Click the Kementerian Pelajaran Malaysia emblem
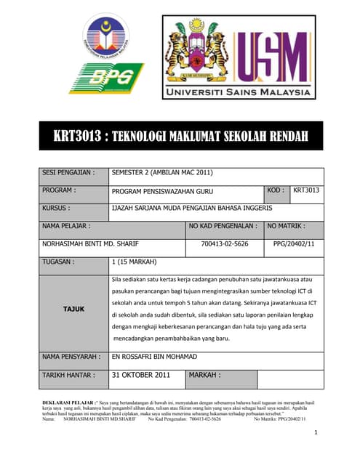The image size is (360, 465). pyautogui.click(x=106, y=37)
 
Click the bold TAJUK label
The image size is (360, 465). pyautogui.click(x=73, y=309)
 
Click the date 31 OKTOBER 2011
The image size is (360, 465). pyautogui.click(x=140, y=376)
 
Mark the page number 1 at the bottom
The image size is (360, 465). pyautogui.click(x=317, y=433)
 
